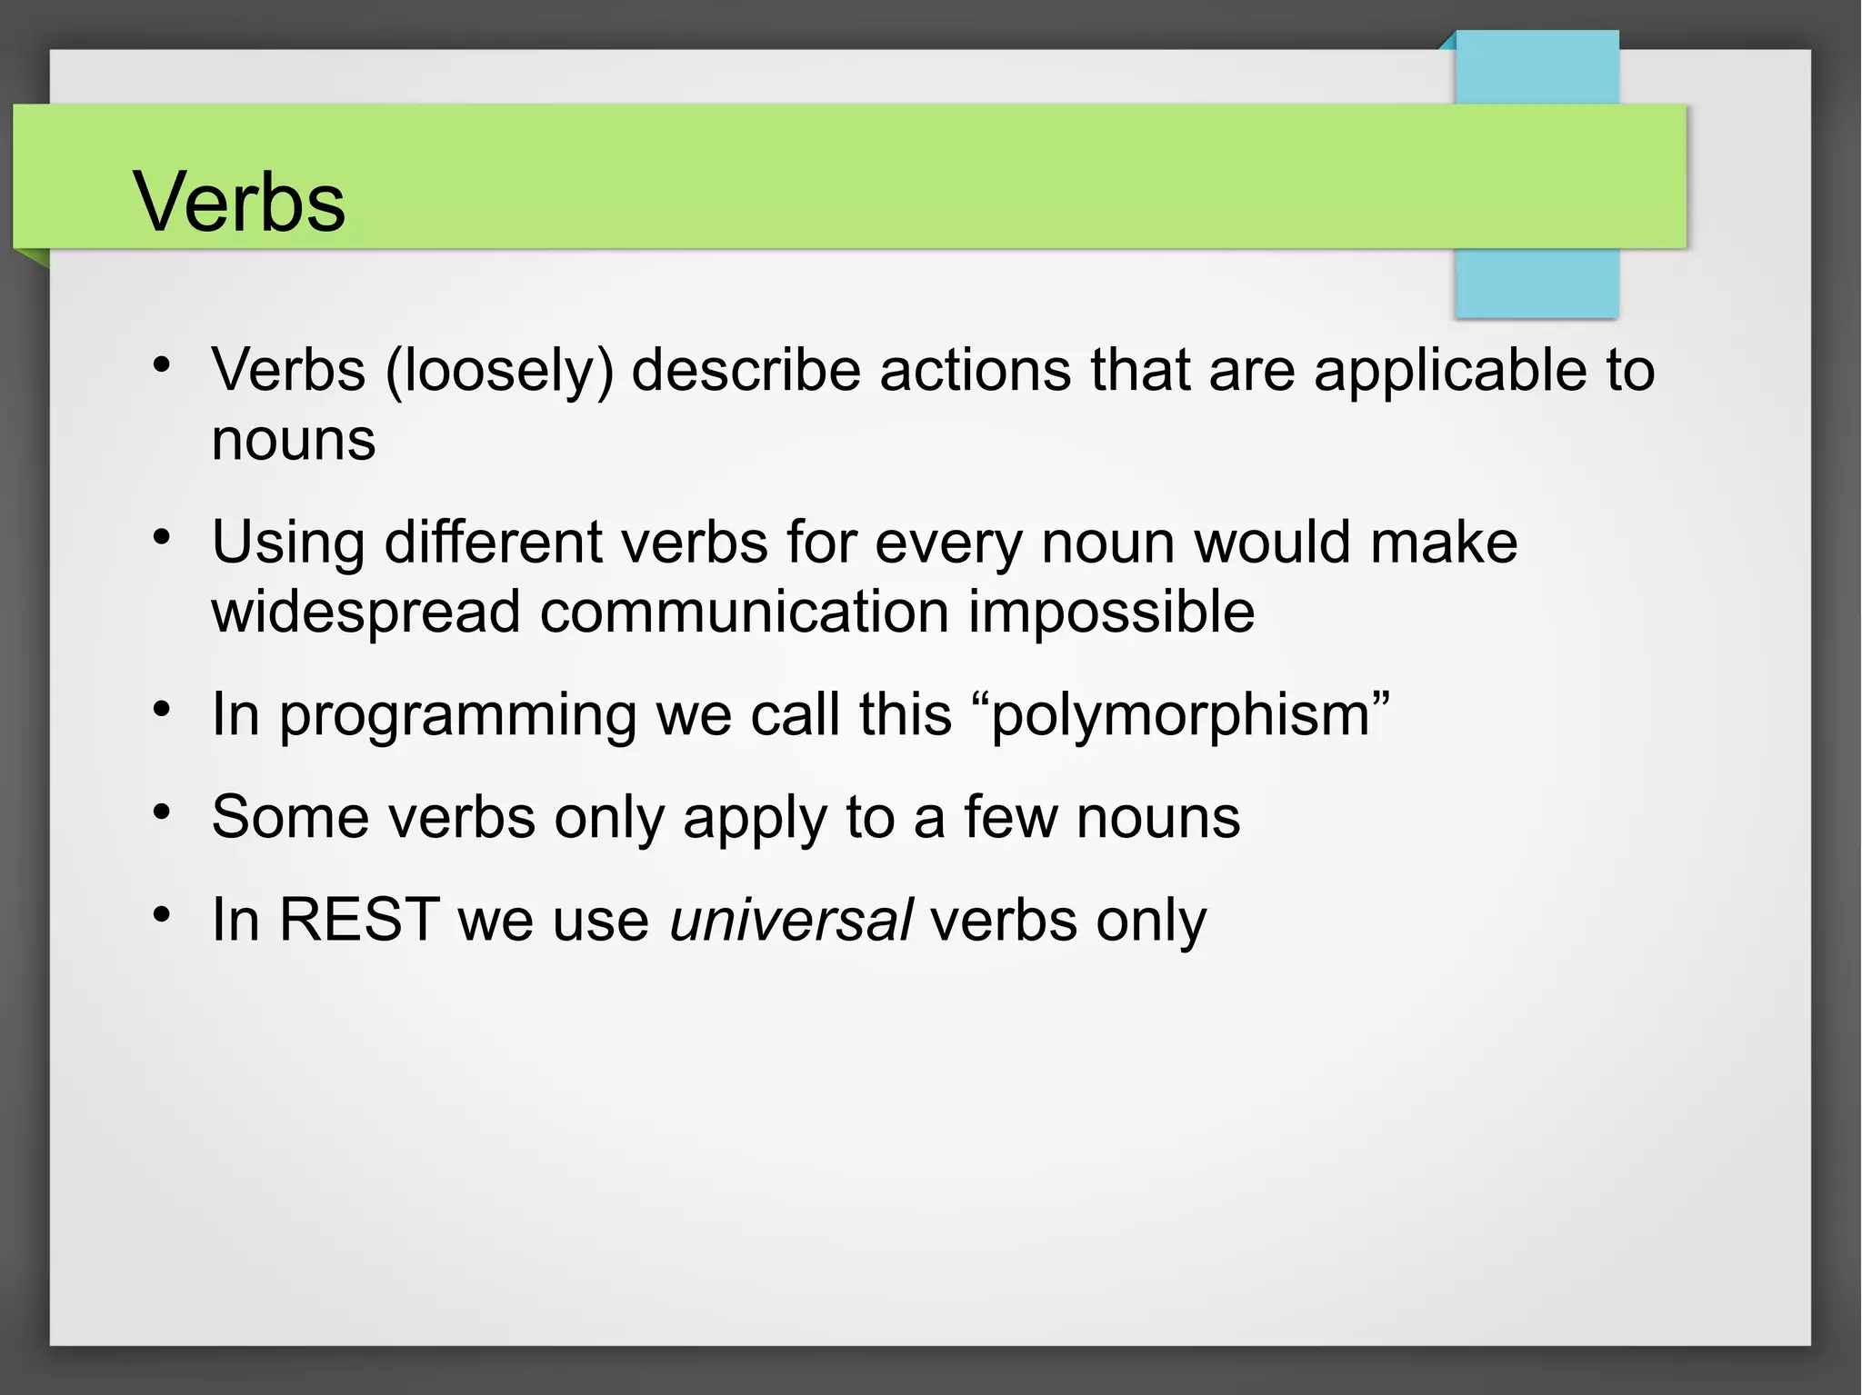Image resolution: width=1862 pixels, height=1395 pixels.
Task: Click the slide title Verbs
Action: [239, 201]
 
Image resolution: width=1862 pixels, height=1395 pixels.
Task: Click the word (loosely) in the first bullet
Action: [499, 371]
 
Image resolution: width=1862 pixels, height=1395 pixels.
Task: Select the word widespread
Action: [365, 612]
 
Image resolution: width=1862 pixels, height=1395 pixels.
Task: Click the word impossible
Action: [1111, 612]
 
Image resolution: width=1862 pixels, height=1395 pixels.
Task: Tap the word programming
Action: [457, 715]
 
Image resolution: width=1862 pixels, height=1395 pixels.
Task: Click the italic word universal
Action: [790, 920]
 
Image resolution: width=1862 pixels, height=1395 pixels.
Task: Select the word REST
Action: [359, 920]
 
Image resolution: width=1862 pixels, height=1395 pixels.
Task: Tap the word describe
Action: [746, 371]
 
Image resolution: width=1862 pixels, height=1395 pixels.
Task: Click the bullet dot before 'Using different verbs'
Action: [162, 537]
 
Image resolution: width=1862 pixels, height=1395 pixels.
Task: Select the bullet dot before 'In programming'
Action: [162, 709]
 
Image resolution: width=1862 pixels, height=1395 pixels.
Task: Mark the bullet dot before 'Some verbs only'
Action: [162, 812]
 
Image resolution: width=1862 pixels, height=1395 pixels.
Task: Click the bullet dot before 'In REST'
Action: [162, 914]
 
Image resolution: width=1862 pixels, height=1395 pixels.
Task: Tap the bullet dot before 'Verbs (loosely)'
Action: [162, 365]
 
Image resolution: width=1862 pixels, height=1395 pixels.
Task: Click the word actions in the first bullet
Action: [975, 371]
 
